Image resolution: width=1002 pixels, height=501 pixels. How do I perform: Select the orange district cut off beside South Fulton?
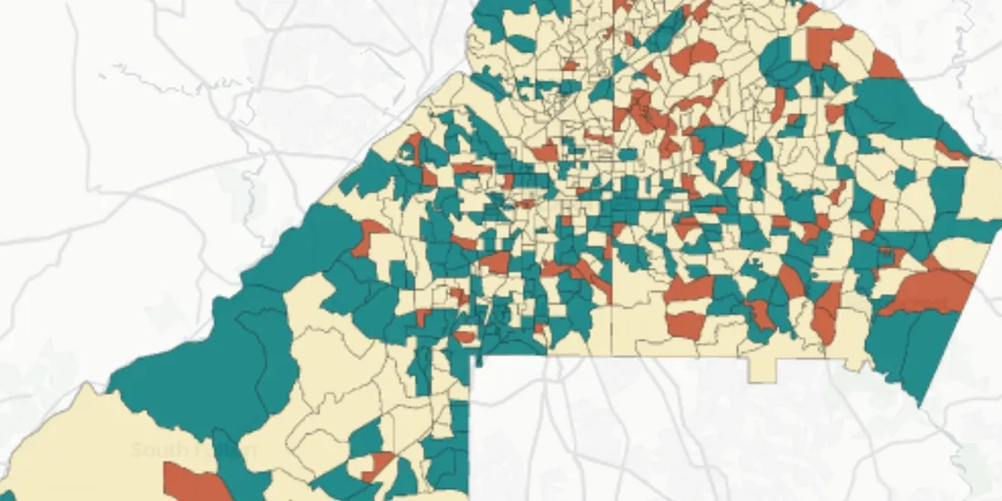tap(196, 483)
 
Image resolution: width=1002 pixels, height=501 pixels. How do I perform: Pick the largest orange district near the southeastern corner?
tap(929, 293)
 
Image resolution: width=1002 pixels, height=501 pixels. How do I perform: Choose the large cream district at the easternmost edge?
tap(981, 187)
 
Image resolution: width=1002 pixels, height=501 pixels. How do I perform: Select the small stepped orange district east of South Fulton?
tap(378, 465)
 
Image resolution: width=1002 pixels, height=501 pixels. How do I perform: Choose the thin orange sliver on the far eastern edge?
tap(953, 151)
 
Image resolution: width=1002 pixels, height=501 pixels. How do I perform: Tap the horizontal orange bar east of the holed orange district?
tap(472, 169)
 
